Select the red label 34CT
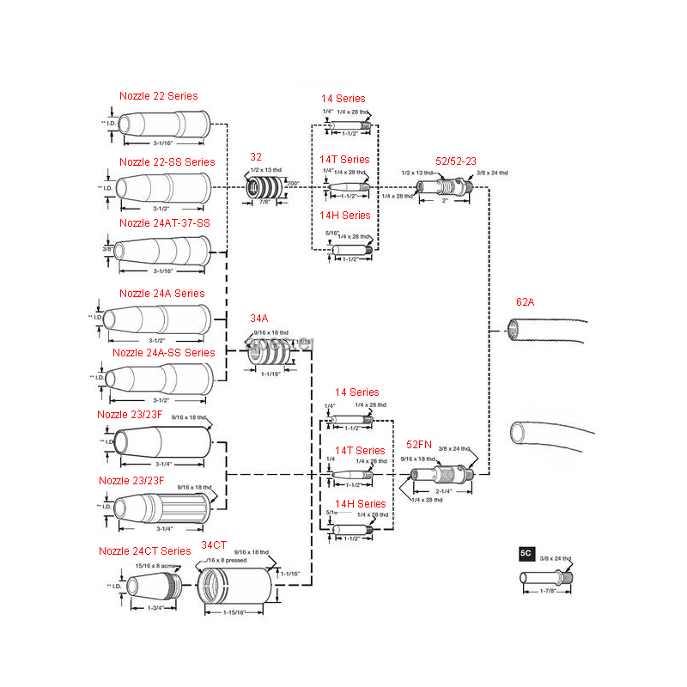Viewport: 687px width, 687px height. click(214, 545)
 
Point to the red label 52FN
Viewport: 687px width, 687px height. click(419, 444)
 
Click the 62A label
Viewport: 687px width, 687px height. click(525, 301)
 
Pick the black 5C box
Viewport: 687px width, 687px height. click(526, 554)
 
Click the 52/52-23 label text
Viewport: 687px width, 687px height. click(456, 161)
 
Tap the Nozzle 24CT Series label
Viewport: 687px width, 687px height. click(144, 550)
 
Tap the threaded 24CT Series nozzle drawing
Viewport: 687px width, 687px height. click(153, 586)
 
